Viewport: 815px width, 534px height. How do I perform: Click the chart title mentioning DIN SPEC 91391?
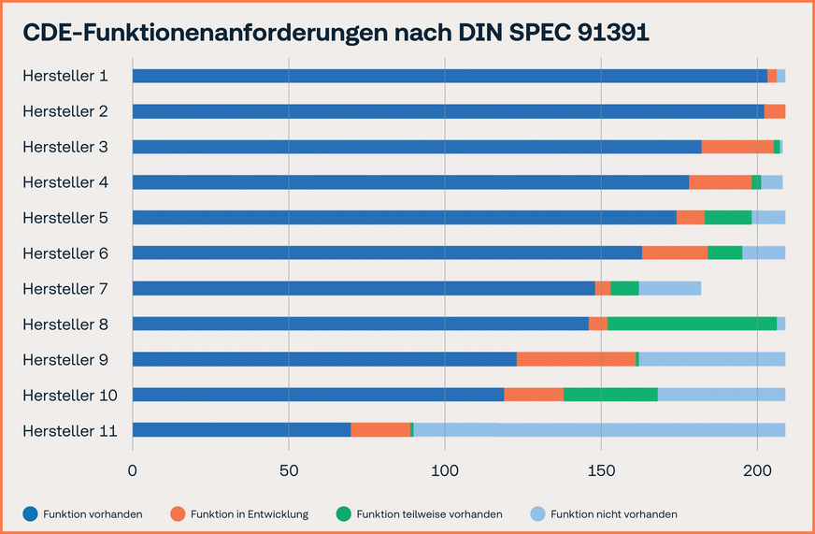coord(336,32)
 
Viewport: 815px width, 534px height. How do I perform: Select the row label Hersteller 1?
coord(65,76)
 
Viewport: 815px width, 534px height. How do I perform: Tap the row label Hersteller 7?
coord(65,289)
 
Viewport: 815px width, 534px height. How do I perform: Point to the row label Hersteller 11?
coord(70,430)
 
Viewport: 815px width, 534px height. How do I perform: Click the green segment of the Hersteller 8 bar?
coord(692,324)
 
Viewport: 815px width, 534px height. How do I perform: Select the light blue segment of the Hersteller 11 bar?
coord(598,430)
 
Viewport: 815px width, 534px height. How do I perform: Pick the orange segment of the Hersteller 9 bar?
coord(576,359)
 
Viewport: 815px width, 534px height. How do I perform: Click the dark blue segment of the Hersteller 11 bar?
coord(241,430)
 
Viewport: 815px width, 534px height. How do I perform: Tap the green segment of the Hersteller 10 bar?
coord(610,395)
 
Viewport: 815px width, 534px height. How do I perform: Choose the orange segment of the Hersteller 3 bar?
coord(736,147)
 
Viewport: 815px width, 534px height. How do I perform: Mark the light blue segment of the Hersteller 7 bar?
coord(669,288)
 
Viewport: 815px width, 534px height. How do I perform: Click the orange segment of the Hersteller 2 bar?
coord(774,111)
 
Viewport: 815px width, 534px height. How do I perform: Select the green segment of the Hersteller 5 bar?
coord(727,217)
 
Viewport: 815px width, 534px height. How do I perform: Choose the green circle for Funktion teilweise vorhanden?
coord(344,513)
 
